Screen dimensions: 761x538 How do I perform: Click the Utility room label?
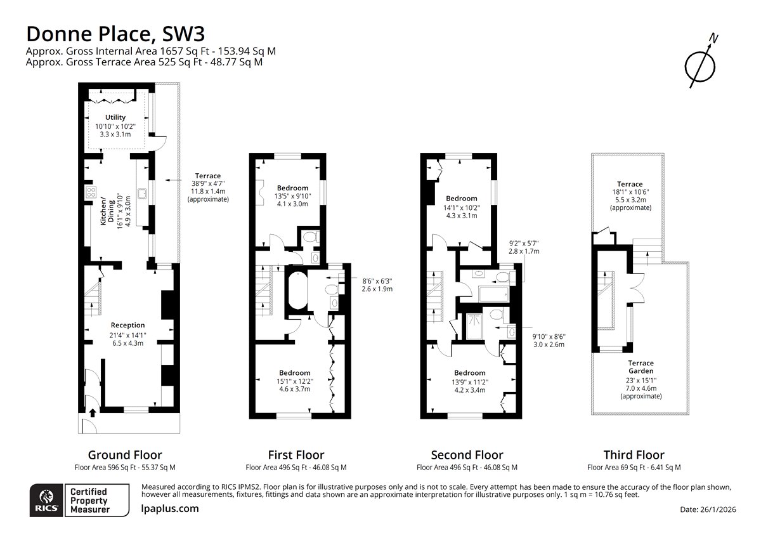115,117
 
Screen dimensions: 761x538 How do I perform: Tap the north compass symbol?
701,64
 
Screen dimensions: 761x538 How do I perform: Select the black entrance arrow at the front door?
93,412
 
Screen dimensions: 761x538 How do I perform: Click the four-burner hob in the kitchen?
91,193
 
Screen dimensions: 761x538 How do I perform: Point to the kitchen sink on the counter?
142,194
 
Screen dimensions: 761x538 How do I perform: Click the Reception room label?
127,325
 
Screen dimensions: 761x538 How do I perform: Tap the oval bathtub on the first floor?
297,290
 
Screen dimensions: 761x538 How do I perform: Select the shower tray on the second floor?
474,327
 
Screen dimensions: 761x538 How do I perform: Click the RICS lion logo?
46,501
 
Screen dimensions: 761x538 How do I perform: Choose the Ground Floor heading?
125,455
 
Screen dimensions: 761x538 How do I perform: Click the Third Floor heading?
634,455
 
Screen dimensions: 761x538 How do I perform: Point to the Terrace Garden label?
641,367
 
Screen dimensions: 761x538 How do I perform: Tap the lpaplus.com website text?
170,509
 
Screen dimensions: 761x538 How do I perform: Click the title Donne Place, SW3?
115,34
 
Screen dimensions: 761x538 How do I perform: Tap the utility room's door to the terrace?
159,143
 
